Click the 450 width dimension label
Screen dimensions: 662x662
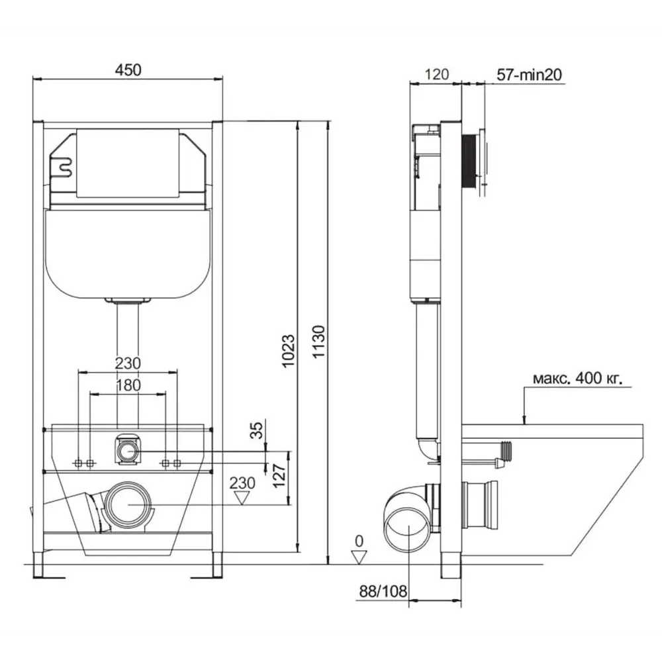[x=128, y=70]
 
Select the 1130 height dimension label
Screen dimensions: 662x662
[x=319, y=342]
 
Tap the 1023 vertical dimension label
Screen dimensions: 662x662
[x=288, y=351]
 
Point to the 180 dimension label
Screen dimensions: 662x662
[x=128, y=385]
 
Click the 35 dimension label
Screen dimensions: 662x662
[x=256, y=430]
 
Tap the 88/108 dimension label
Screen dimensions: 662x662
[x=383, y=591]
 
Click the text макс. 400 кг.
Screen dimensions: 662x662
[x=577, y=378]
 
